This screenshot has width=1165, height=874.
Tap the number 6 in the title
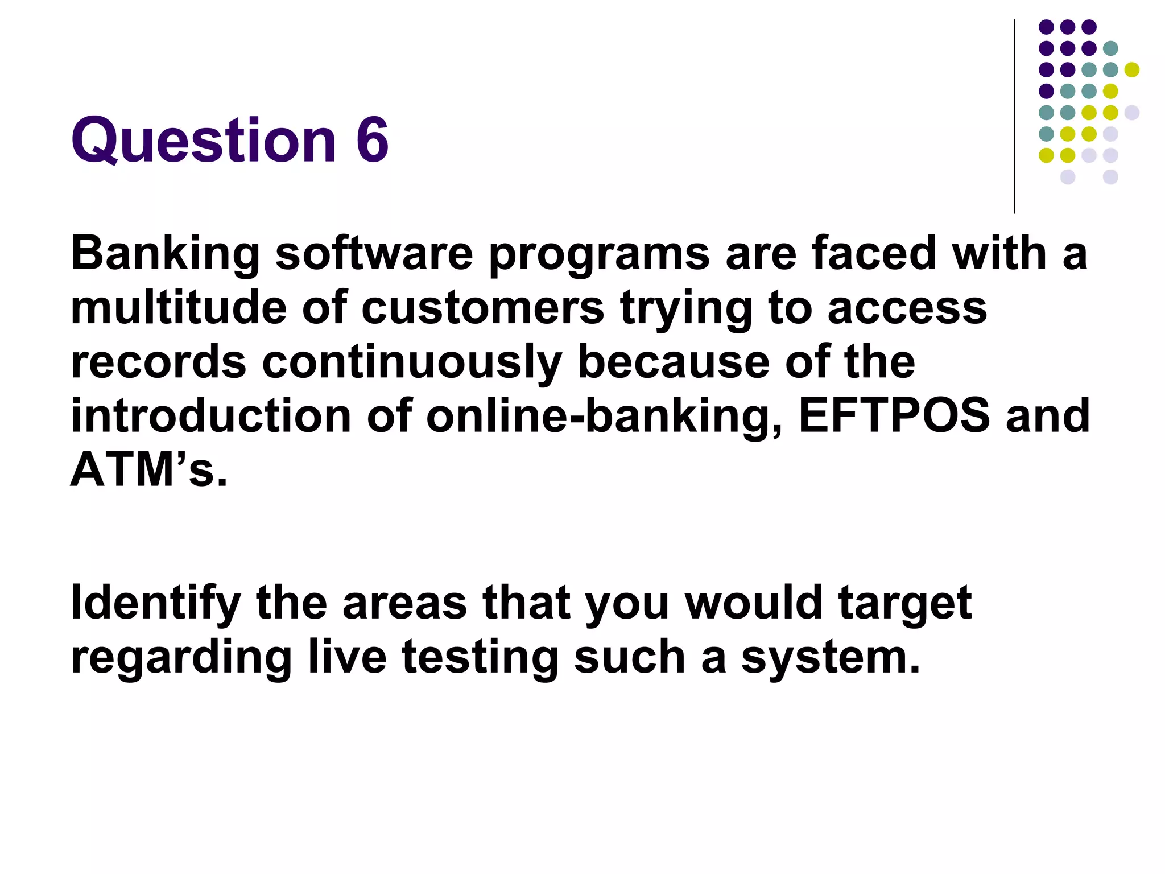pyautogui.click(x=372, y=139)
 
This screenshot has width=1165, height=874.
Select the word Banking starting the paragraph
pyautogui.click(x=165, y=254)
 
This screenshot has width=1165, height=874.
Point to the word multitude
pyautogui.click(x=178, y=308)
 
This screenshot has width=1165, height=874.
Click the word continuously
pyautogui.click(x=411, y=363)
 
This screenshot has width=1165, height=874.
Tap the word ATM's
pyautogui.click(x=148, y=470)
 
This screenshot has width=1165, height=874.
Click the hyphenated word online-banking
pyautogui.click(x=604, y=417)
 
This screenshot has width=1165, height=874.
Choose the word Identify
pyautogui.click(x=155, y=603)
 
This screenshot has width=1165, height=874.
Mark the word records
pyautogui.click(x=158, y=362)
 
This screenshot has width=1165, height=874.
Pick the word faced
pyautogui.click(x=874, y=253)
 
